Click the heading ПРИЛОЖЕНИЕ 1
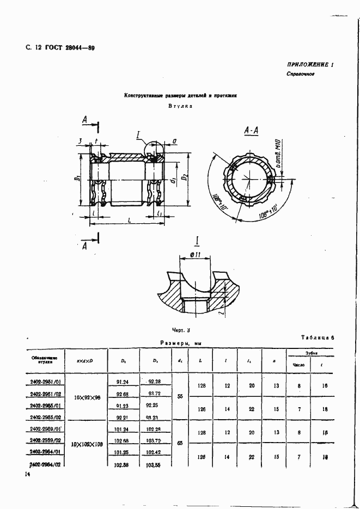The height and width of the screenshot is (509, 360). (x=310, y=64)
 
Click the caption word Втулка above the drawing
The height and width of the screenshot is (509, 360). (x=181, y=107)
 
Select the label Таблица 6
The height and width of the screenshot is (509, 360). (x=317, y=338)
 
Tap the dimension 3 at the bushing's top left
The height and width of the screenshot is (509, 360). (x=80, y=142)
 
